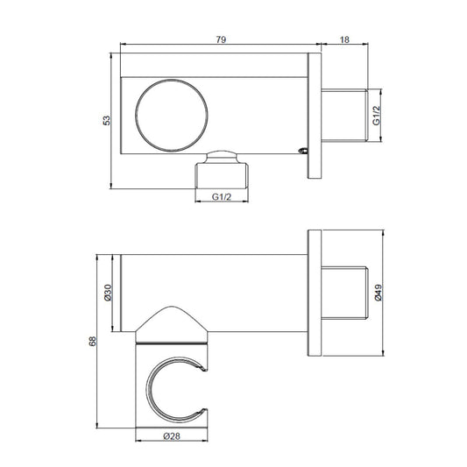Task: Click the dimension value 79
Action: [x=221, y=39]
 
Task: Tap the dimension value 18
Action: [x=344, y=39]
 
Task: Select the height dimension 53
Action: [x=106, y=120]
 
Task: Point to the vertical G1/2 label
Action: [x=377, y=116]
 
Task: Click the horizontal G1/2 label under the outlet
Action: [x=222, y=197]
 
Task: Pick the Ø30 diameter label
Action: [x=108, y=293]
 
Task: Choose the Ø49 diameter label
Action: [x=378, y=293]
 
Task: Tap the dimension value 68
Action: [x=93, y=341]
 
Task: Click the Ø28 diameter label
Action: [x=172, y=436]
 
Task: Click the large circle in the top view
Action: [x=172, y=80]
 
